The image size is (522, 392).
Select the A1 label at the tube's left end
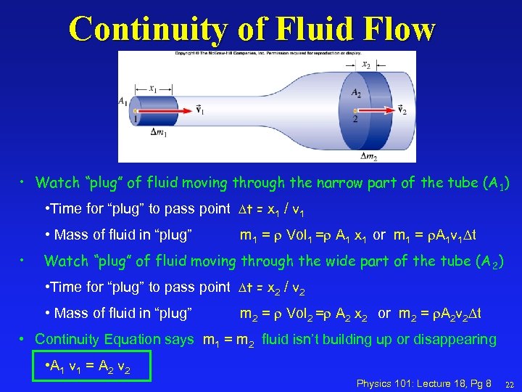(124, 102)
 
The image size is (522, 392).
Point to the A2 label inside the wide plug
(356, 92)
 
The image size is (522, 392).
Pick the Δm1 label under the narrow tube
(159, 132)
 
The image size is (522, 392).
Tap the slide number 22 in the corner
(509, 383)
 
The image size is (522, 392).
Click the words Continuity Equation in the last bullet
(114, 339)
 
